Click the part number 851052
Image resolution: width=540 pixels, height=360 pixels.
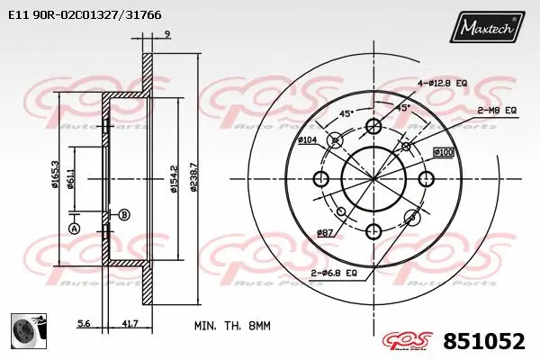(x=483, y=341)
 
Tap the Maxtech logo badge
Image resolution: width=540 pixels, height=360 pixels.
(x=490, y=28)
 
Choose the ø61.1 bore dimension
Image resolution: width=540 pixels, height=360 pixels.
(x=70, y=181)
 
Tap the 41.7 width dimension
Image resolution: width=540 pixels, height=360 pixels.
(x=130, y=322)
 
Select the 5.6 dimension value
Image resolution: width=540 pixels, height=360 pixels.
(x=84, y=322)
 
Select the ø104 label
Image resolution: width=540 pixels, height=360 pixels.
(x=307, y=140)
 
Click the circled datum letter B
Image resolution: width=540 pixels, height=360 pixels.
(x=123, y=213)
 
